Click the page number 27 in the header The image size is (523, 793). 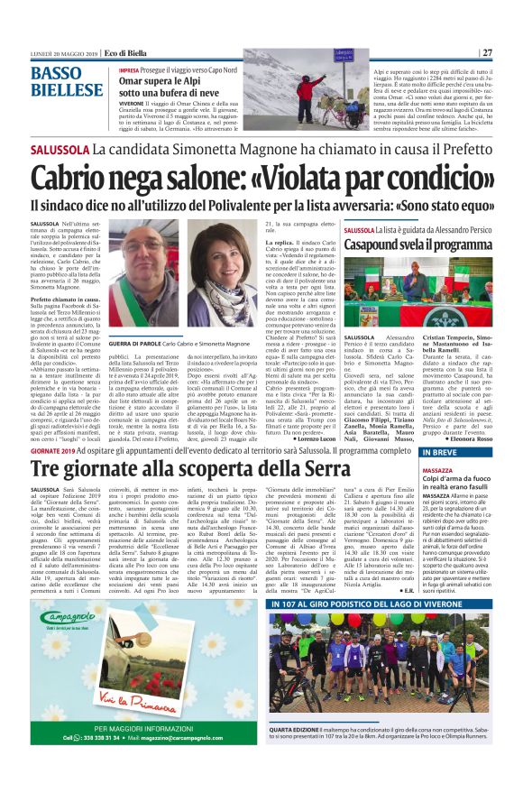pyautogui.click(x=486, y=51)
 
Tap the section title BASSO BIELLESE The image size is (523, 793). pyautogui.click(x=67, y=81)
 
